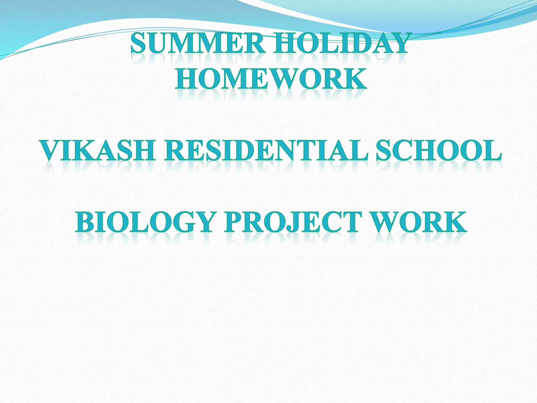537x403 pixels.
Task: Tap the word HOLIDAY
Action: coord(341,43)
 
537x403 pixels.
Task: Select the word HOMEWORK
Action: coord(271,78)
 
